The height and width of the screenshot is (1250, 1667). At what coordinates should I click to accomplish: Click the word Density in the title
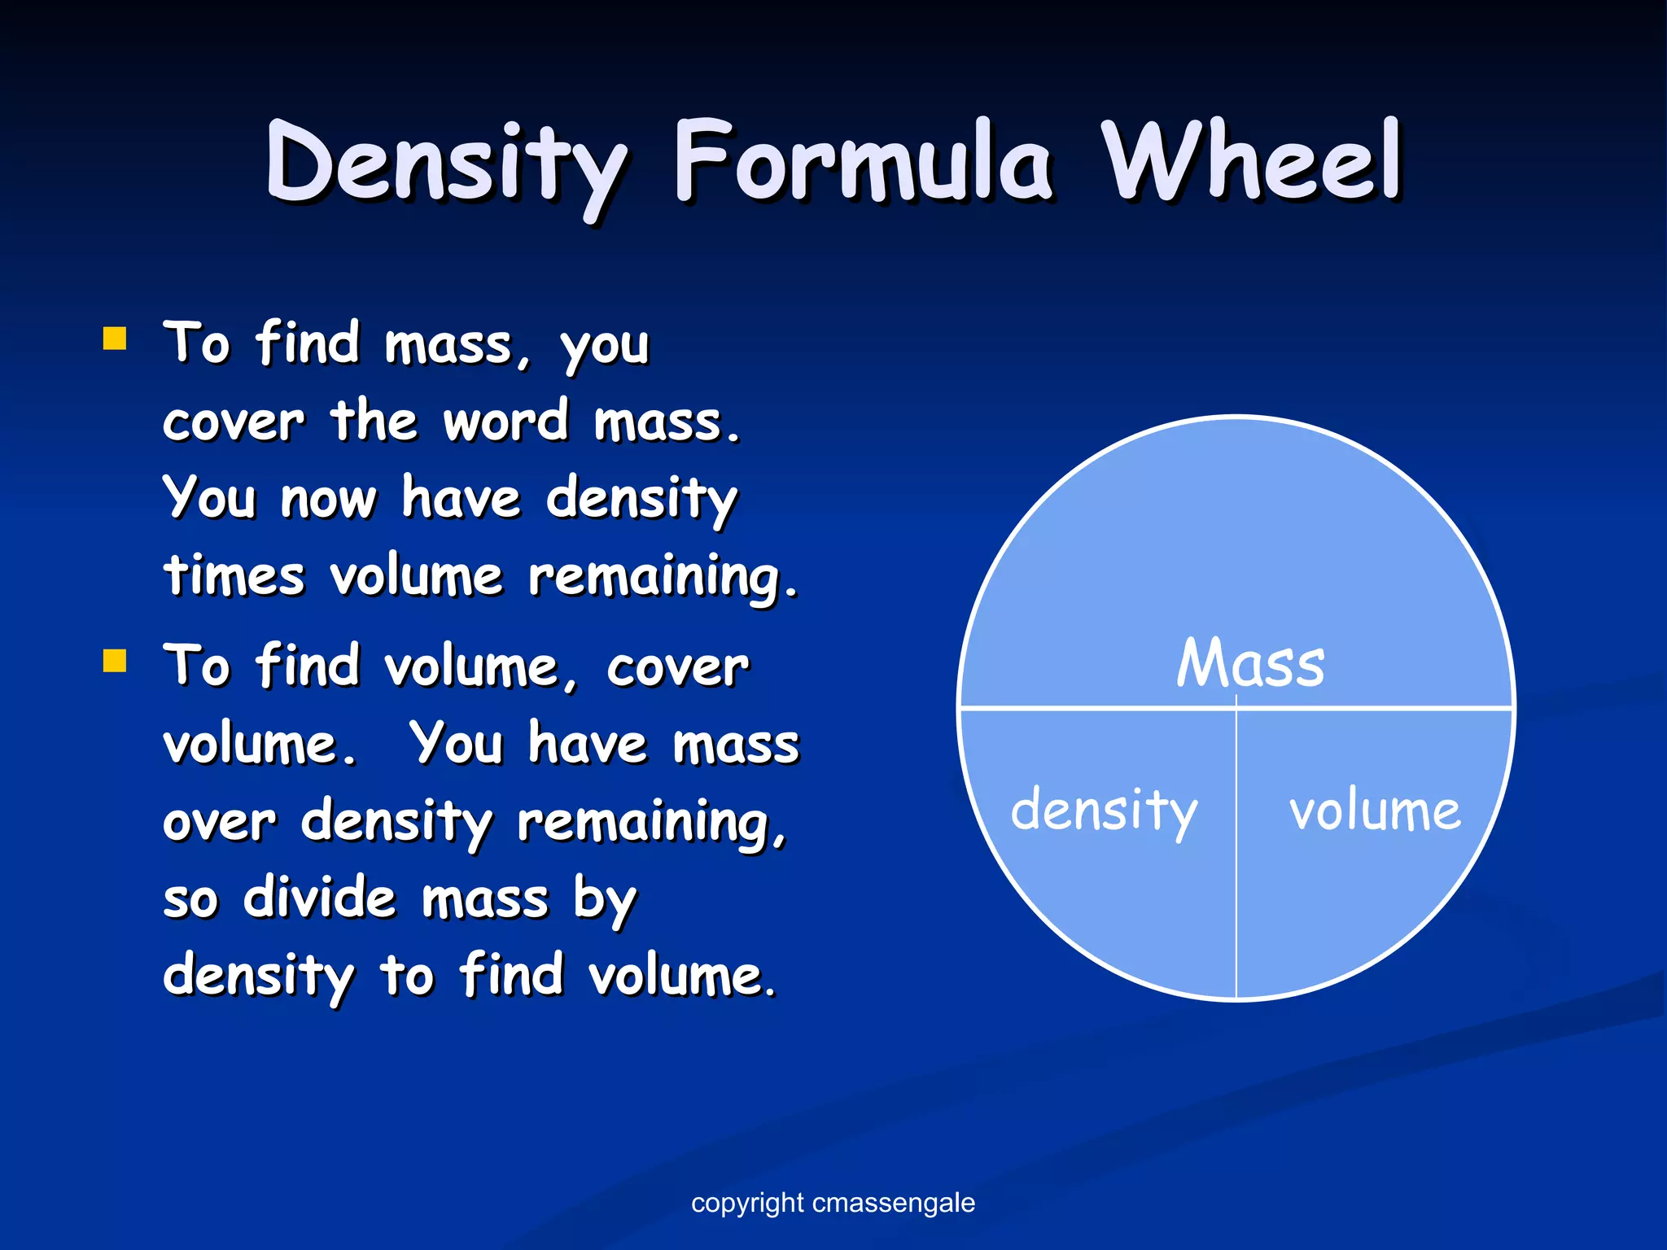(446, 163)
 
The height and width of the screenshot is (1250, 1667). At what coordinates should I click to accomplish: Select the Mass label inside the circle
(1250, 663)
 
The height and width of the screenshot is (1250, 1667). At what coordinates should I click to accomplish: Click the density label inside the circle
(1104, 811)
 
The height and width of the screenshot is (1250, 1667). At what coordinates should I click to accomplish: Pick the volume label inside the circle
(1375, 811)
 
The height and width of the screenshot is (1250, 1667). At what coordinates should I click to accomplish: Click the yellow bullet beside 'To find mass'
(115, 338)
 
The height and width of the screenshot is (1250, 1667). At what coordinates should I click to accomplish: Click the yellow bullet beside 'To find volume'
(115, 661)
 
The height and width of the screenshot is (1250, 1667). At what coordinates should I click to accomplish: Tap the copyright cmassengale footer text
(833, 1202)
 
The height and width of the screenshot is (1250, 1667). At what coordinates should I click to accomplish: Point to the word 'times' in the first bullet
(234, 575)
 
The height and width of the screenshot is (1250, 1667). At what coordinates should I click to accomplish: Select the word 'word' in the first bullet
(505, 422)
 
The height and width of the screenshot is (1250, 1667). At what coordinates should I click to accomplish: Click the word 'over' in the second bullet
(219, 822)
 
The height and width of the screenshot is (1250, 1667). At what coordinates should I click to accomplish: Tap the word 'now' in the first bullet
(328, 499)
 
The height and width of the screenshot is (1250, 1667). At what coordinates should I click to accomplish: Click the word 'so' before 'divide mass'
(190, 900)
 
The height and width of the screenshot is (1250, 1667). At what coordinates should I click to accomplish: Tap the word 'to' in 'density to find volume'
(407, 975)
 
